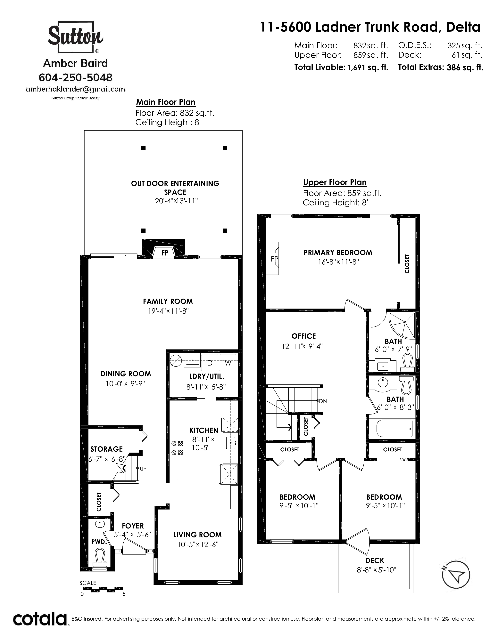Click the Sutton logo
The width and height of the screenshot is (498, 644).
tap(76, 37)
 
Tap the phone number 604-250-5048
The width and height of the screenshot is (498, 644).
tap(76, 77)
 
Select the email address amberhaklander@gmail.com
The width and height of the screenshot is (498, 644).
tap(76, 89)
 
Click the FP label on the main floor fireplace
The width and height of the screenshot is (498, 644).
tap(165, 253)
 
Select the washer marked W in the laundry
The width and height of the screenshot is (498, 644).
tap(228, 363)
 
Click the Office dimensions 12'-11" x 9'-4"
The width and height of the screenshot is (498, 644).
tap(302, 346)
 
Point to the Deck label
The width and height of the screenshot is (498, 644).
tap(375, 560)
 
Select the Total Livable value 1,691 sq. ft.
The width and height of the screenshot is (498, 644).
tap(367, 68)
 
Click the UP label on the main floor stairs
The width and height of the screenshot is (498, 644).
tap(143, 469)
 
